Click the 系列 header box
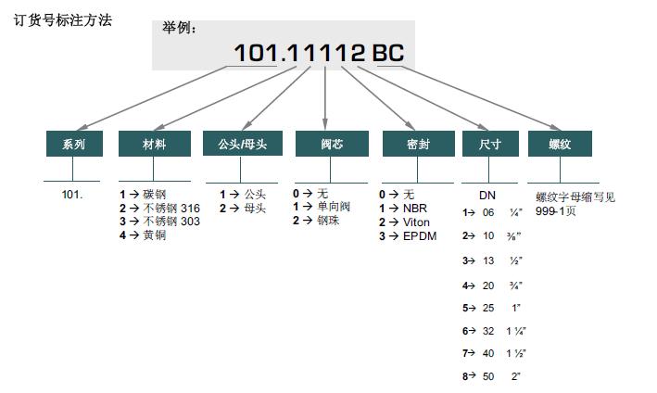(x=74, y=144)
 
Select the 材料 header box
(x=155, y=144)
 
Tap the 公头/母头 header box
(x=243, y=144)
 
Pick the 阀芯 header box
(x=332, y=144)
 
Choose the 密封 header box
(x=419, y=144)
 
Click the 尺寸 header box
(x=490, y=144)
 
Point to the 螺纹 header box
(x=560, y=144)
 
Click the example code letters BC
(x=388, y=53)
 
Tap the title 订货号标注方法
(x=63, y=20)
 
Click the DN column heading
(x=487, y=196)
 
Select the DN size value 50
(x=488, y=376)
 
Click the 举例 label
(x=179, y=28)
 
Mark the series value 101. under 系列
(x=72, y=195)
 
